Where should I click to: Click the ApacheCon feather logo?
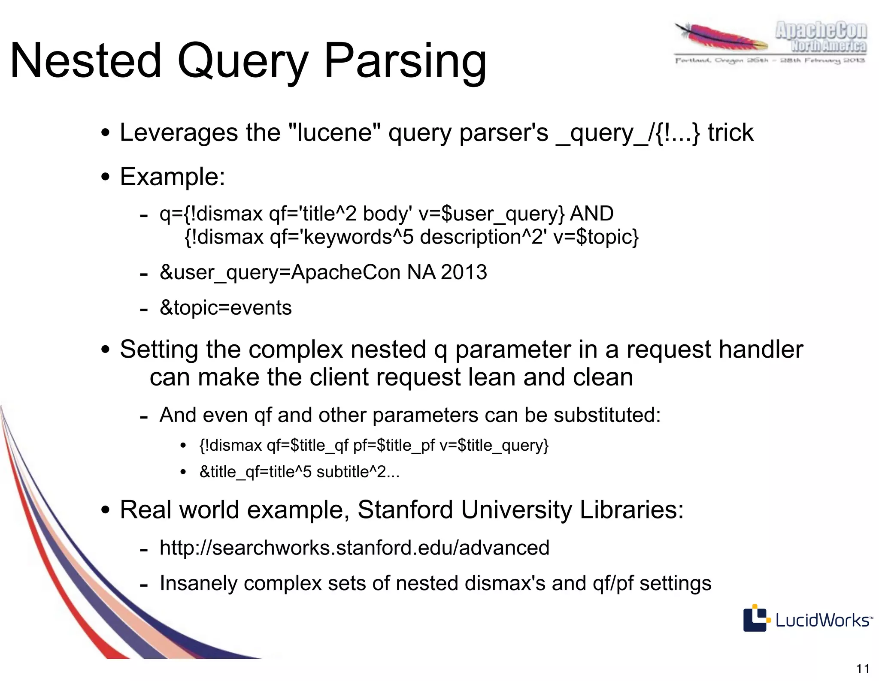(x=721, y=39)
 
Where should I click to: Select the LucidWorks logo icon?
(x=755, y=618)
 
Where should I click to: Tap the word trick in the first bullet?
(x=730, y=133)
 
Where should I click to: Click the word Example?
(x=173, y=177)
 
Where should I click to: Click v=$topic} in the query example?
(x=596, y=237)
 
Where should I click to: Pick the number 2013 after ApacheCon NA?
(x=464, y=272)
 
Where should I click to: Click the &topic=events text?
(x=225, y=308)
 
